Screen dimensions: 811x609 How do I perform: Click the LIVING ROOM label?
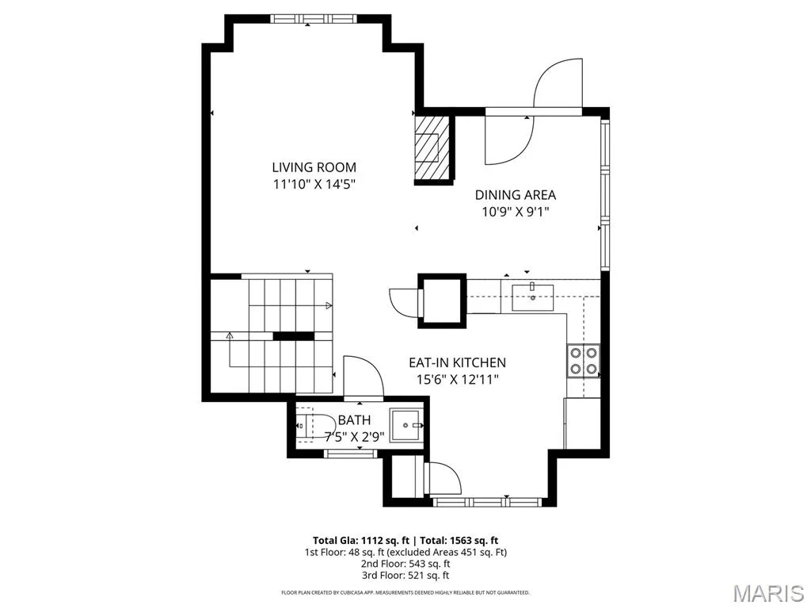click(x=314, y=167)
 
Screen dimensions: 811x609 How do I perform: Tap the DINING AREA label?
click(x=515, y=195)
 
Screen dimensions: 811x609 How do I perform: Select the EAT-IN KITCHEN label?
click(x=457, y=362)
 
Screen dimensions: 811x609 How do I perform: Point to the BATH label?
click(x=354, y=420)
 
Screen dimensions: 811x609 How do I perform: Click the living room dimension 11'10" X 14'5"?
click(x=314, y=184)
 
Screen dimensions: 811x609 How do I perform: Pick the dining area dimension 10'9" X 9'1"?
click(x=515, y=212)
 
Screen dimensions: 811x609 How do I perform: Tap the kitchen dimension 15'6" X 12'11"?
click(x=457, y=380)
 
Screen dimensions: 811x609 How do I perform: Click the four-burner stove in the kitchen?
click(x=584, y=361)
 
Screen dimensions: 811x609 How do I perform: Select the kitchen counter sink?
click(x=532, y=297)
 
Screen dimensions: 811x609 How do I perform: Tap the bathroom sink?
click(x=406, y=425)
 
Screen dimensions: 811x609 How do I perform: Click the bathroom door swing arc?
click(x=367, y=369)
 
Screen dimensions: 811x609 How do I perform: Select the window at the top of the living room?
click(x=314, y=19)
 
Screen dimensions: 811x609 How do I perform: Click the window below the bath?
click(x=350, y=454)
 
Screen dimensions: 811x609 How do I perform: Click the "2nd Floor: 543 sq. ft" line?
click(x=405, y=564)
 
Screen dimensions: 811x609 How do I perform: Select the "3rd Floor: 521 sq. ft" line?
click(x=405, y=575)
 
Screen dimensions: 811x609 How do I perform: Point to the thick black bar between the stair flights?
click(x=293, y=336)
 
